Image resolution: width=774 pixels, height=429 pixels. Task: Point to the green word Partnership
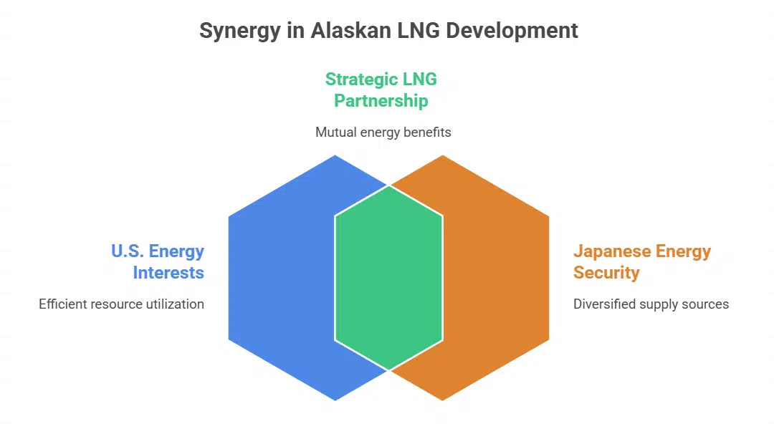381,101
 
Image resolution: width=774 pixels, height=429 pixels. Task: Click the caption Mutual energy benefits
383,132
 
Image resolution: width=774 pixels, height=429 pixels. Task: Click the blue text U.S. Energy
158,251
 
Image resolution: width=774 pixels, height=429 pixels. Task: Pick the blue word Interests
168,273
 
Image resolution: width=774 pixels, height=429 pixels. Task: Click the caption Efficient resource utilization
121,304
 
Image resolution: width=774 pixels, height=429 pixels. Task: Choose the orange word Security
606,273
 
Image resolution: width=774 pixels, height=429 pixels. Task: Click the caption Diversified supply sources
651,304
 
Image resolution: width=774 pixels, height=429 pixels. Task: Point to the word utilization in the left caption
176,304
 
